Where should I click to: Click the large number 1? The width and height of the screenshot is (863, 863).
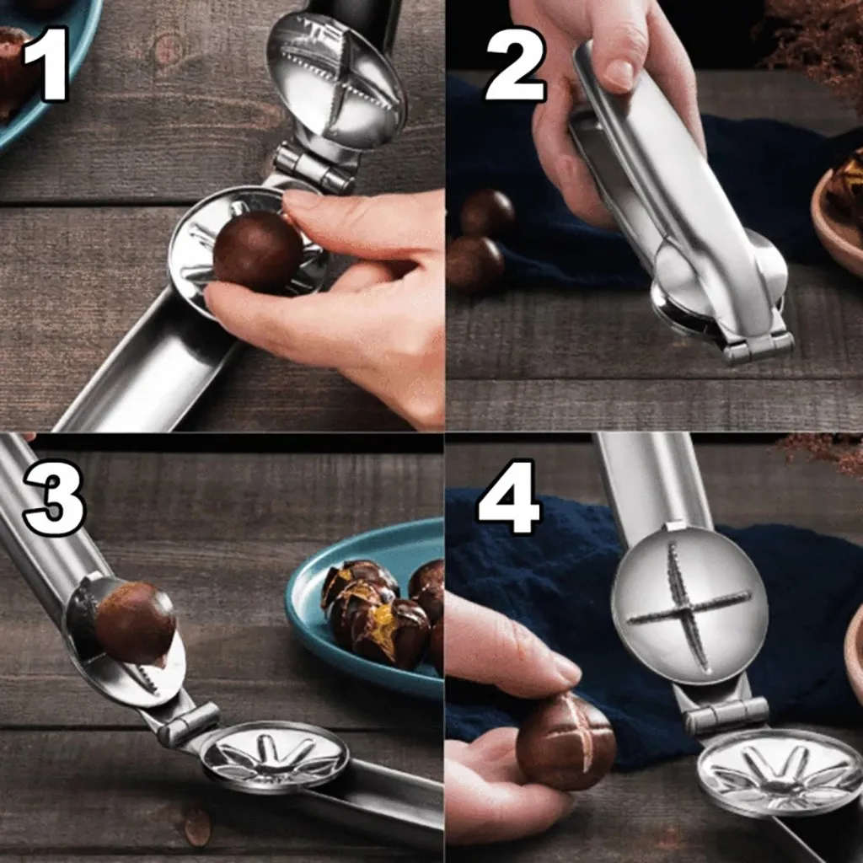tap(47, 64)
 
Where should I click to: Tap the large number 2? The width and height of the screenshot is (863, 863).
tap(515, 64)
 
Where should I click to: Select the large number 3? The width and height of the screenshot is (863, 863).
tap(55, 497)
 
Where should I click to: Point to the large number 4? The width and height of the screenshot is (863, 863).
tap(509, 497)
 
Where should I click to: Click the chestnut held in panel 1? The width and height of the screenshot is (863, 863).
tap(258, 251)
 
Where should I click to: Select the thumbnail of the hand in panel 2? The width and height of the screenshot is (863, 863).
tap(621, 73)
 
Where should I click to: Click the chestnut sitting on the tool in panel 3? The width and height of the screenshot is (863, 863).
tap(136, 623)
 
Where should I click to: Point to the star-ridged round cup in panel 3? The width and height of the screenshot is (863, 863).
tap(274, 758)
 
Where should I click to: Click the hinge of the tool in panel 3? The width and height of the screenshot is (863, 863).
tap(188, 725)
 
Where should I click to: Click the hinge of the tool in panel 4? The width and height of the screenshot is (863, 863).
tap(726, 716)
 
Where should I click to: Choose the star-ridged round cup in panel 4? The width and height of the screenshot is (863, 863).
tap(780, 774)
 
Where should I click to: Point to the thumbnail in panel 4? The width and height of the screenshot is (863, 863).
tap(566, 668)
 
